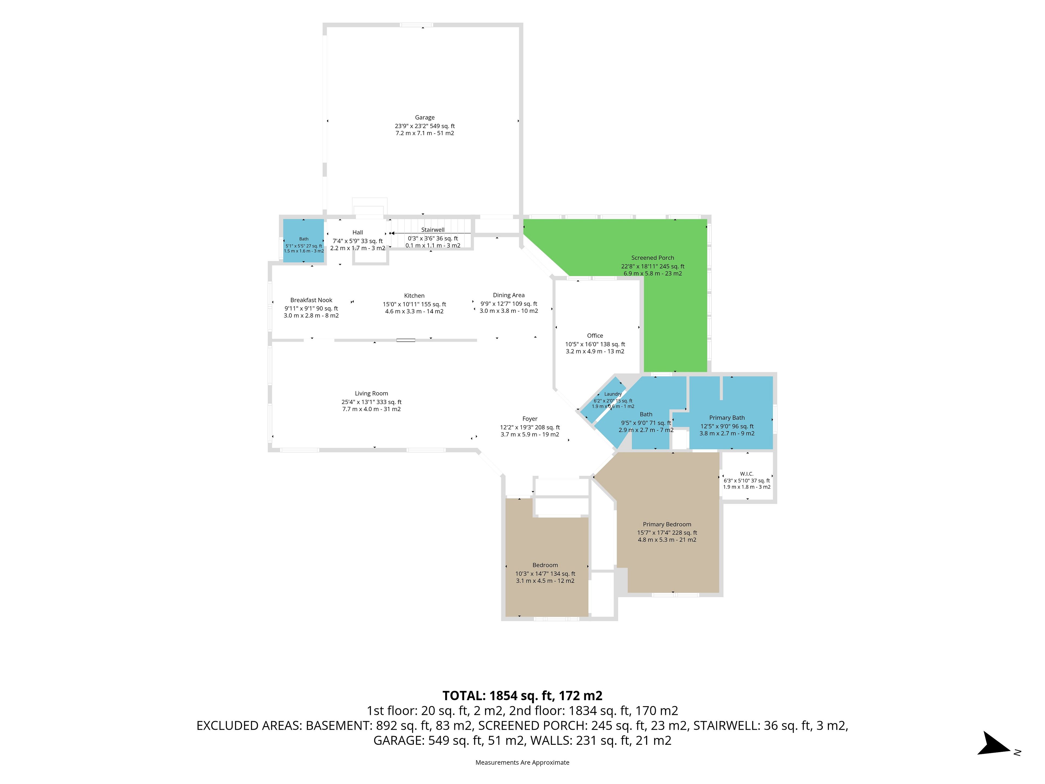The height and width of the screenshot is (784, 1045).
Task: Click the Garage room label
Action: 425,118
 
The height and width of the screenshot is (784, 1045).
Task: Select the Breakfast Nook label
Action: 311,300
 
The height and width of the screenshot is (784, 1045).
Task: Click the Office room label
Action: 595,336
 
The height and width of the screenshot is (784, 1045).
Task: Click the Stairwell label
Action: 433,230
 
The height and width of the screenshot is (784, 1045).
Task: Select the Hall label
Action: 358,232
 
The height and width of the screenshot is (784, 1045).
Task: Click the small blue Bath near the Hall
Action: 304,239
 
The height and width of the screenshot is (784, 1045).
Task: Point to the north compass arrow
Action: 994,744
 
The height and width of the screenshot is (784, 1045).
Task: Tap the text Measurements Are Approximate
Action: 522,762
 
